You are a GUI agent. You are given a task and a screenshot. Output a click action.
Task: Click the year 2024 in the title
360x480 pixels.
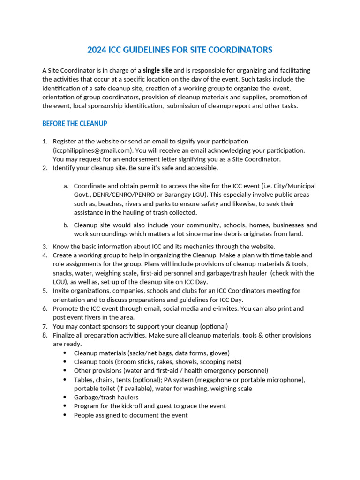tap(97, 50)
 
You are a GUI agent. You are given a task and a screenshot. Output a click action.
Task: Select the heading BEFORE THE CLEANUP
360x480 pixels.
tap(75, 124)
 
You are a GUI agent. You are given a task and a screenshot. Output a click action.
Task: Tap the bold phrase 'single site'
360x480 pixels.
tap(157, 70)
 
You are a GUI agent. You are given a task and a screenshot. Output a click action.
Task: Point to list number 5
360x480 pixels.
tap(45, 291)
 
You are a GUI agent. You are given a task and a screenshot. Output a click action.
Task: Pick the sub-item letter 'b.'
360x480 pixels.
tap(66, 225)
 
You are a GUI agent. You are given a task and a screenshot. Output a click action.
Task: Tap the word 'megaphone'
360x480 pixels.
tap(209, 380)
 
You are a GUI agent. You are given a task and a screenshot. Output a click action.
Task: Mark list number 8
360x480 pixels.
tap(45, 335)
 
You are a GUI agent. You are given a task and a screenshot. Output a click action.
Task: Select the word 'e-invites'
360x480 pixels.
tap(259, 308)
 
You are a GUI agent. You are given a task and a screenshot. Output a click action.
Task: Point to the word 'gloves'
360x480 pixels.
tap(219, 353)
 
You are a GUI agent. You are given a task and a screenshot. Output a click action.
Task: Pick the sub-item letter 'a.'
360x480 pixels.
tap(66, 186)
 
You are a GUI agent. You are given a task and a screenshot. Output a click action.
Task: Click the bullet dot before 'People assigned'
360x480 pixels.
tap(64, 415)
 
